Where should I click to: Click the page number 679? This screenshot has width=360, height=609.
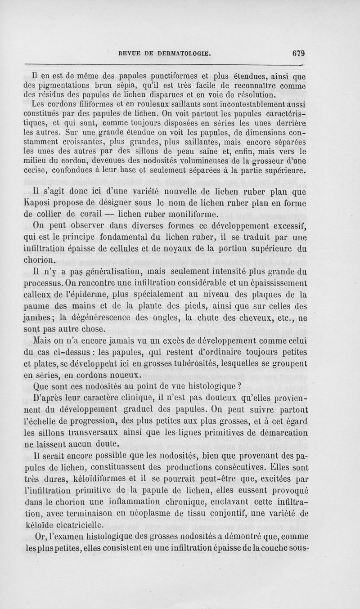coord(298,53)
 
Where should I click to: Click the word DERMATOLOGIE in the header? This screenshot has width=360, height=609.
coord(184,53)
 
